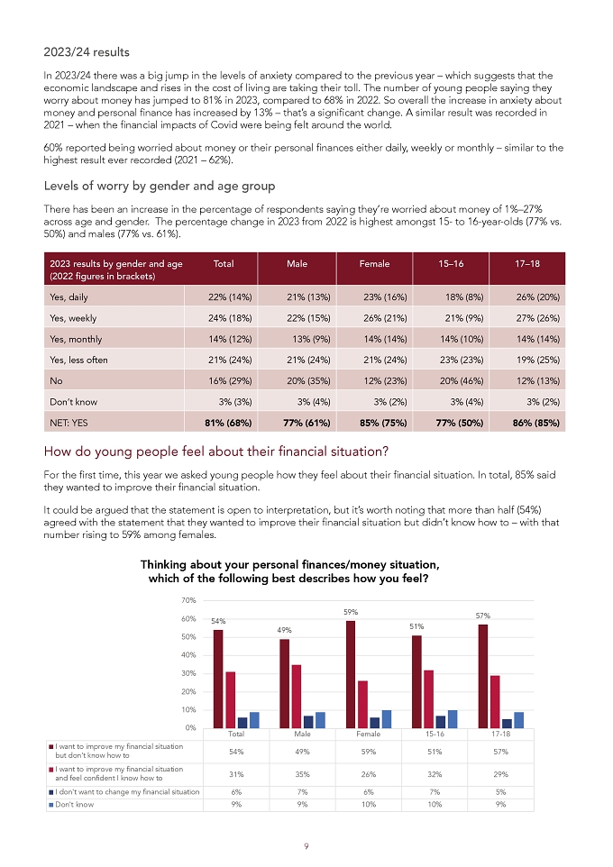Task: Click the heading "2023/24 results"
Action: (87, 52)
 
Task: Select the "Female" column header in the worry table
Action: (374, 264)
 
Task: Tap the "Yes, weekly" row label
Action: (73, 318)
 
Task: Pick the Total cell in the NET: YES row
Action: (228, 423)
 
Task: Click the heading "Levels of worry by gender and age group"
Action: (160, 186)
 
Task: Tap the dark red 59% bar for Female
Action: (351, 674)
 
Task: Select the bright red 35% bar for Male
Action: (297, 696)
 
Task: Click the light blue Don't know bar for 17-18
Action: (519, 720)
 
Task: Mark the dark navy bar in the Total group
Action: (242, 723)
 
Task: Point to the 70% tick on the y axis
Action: (188, 600)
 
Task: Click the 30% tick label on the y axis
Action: (188, 673)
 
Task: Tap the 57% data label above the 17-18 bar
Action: (483, 616)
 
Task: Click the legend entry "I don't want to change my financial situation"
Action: (124, 792)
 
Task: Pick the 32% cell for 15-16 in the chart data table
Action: (435, 774)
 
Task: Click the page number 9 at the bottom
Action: (306, 846)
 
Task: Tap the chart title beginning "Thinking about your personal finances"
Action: (289, 571)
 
